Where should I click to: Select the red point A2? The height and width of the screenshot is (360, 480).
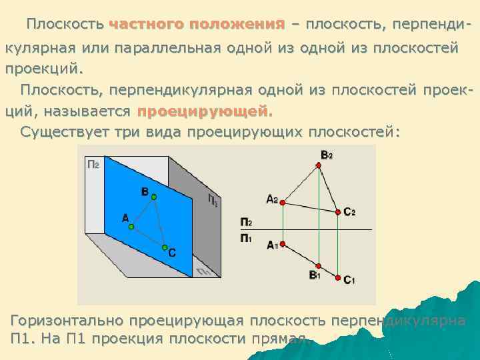coord(283,201)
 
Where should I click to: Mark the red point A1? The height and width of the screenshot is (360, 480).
coord(283,244)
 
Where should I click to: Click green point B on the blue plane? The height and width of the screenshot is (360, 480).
coord(153,197)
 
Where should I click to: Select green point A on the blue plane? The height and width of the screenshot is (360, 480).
coord(131,227)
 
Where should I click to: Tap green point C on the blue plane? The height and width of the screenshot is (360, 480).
coord(165,247)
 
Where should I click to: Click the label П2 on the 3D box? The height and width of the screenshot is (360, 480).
coord(93,164)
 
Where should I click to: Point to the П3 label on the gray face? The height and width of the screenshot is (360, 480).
coord(212,200)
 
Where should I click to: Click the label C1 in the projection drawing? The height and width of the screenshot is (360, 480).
coord(349,281)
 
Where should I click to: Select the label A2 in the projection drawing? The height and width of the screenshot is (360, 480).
coord(271,199)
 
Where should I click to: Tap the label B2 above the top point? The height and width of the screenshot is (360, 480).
coord(326,155)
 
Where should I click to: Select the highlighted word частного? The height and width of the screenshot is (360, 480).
coord(145,25)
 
